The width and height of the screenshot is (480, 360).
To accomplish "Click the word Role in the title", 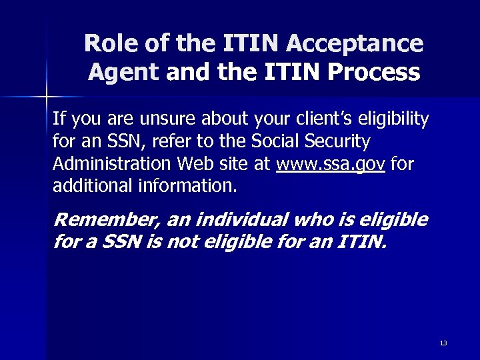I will pos(108,44).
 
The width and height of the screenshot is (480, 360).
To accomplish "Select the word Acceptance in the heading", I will pos(355,44).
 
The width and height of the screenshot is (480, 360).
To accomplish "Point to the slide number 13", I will pos(443,343).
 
